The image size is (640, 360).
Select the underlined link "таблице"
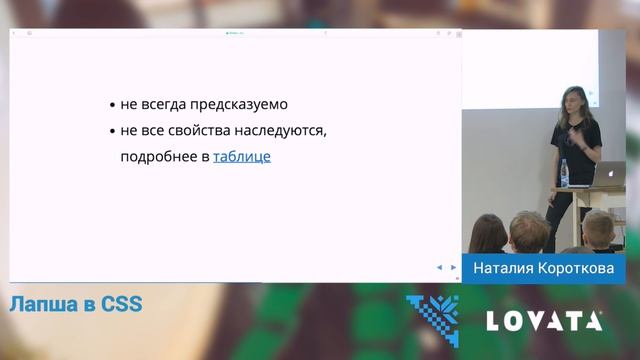click(242, 157)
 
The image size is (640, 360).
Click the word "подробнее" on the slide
click(158, 157)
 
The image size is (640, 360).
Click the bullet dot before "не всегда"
click(112, 105)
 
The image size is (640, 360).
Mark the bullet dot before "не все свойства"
click(112, 132)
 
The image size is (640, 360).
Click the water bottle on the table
click(566, 174)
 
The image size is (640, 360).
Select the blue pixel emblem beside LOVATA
click(432, 319)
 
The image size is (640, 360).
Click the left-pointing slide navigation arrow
click(439, 267)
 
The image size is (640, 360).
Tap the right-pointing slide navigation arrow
click(453, 267)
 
